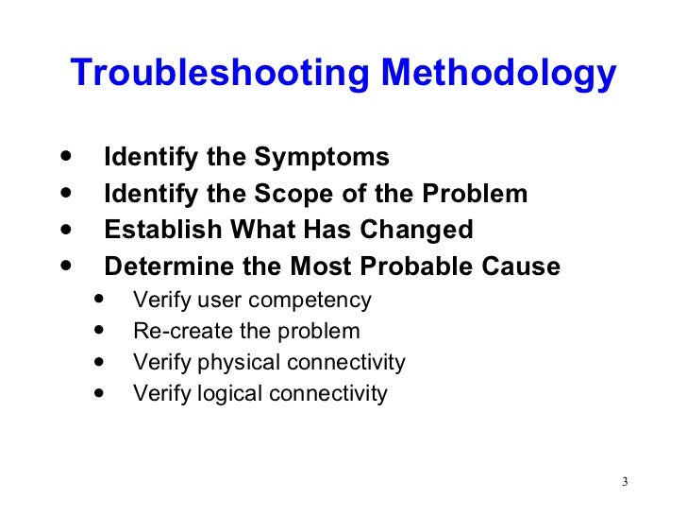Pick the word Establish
point(156,231)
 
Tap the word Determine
point(166,267)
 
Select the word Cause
point(527,267)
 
